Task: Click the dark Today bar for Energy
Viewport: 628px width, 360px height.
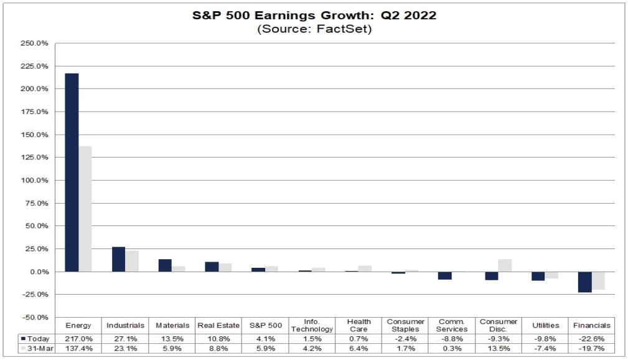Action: click(72, 173)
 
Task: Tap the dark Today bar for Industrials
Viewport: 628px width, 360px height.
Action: click(118, 259)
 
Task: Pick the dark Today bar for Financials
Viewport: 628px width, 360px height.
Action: click(584, 282)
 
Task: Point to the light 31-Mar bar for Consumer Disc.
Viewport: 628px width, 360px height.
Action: click(505, 265)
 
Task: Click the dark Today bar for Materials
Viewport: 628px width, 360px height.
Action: click(165, 265)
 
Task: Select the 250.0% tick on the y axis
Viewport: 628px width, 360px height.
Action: click(35, 44)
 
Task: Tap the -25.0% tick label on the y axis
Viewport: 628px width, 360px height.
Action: click(35, 295)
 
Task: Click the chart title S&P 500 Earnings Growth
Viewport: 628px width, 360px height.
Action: click(314, 16)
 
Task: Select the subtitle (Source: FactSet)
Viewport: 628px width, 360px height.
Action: click(314, 29)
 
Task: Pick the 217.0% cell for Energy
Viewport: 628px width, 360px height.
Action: click(78, 338)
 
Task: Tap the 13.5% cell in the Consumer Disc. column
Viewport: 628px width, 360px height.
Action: click(499, 349)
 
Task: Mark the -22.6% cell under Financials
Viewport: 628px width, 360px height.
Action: click(591, 338)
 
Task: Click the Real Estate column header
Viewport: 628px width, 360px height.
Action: click(218, 325)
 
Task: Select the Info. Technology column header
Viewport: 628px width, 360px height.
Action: click(312, 325)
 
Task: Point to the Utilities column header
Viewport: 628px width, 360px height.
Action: click(545, 325)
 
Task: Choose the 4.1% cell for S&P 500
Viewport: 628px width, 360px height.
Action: click(265, 338)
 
